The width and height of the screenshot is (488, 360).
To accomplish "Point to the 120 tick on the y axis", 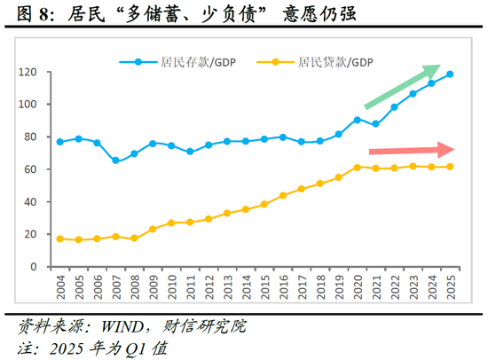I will tap(32, 72).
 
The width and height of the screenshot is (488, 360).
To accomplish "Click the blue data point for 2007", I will tap(115, 160).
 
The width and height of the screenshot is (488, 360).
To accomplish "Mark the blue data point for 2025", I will tap(450, 74).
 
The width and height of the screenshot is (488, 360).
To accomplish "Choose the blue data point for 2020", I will tap(357, 120).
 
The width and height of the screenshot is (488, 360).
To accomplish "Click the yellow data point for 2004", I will tap(59, 239).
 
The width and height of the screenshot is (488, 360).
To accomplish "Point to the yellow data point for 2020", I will tap(357, 167).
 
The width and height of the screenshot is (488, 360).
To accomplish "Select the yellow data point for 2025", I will tap(450, 167).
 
